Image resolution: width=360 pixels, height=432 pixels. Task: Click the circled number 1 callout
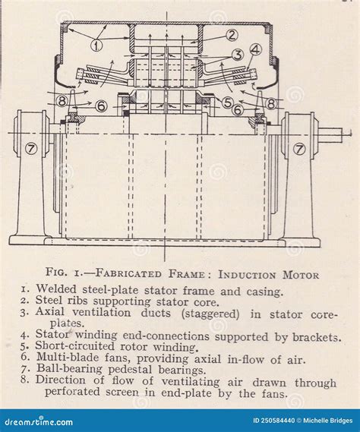tap(96, 45)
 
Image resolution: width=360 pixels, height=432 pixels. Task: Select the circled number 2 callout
tap(232, 35)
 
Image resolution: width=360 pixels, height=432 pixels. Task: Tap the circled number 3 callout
tap(238, 55)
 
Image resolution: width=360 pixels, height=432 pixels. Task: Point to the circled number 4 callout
tap(256, 50)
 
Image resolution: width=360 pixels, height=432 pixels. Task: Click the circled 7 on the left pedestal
tap(31, 148)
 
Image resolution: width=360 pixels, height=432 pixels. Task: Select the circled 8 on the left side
tap(62, 100)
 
